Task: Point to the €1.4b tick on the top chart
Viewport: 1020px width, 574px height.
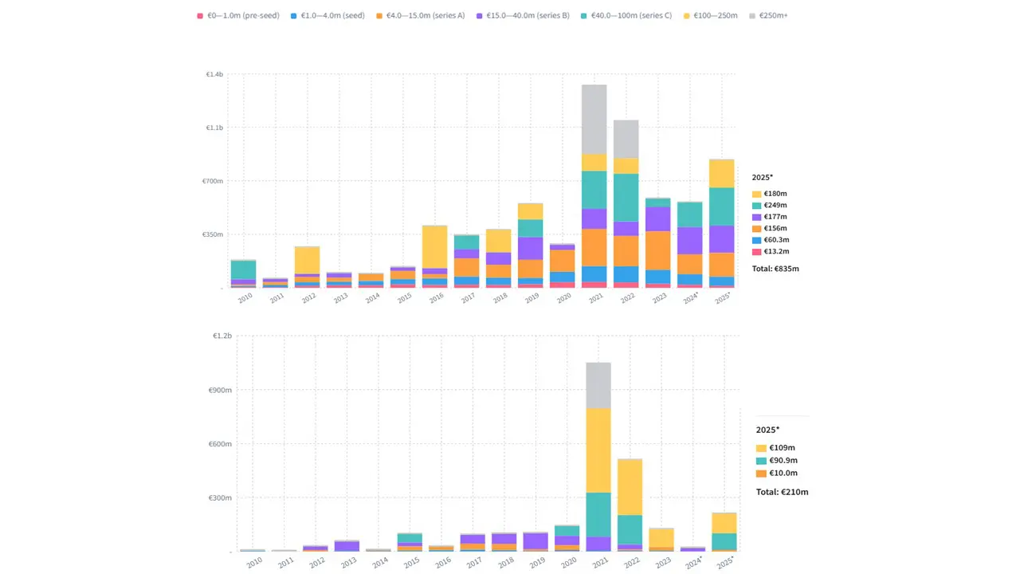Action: click(214, 74)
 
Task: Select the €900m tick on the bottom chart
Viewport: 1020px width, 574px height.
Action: click(219, 391)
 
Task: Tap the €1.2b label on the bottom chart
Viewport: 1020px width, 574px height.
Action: click(222, 336)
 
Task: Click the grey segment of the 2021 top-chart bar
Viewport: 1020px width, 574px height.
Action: click(594, 120)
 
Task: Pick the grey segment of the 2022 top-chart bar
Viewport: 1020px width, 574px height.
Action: click(626, 139)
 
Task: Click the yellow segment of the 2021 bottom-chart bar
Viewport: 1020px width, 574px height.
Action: click(598, 450)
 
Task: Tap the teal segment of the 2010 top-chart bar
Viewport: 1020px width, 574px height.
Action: click(243, 269)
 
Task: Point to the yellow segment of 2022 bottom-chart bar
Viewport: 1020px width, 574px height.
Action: click(630, 486)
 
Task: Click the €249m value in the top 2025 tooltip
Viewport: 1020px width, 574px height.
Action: click(776, 206)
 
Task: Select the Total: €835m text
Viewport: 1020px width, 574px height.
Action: click(775, 269)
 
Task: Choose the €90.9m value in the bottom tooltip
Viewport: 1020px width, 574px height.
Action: click(782, 461)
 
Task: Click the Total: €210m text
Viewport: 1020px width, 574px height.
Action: click(782, 492)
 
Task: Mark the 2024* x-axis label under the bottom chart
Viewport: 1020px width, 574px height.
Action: click(693, 561)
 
